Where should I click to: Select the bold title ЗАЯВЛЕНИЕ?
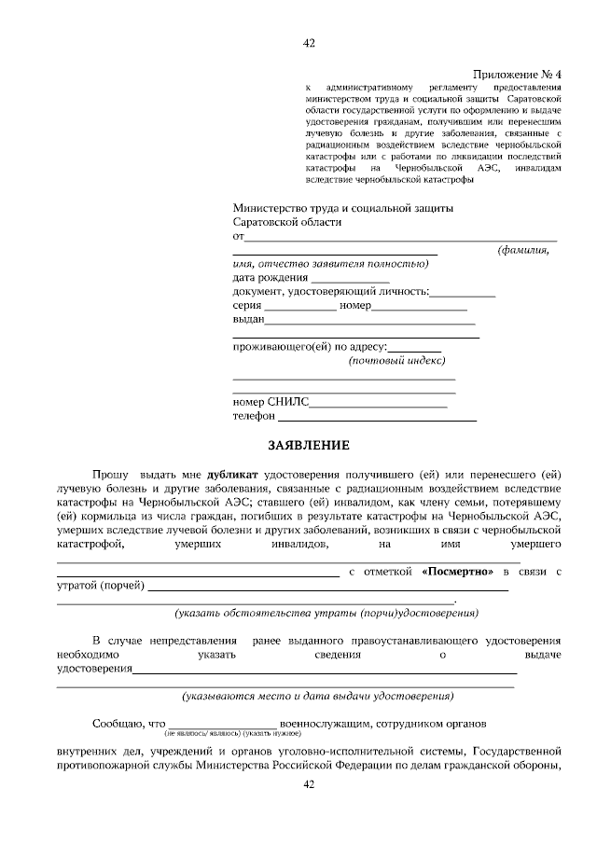310,445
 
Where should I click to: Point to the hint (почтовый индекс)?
396,361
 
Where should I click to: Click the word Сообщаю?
117,723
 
